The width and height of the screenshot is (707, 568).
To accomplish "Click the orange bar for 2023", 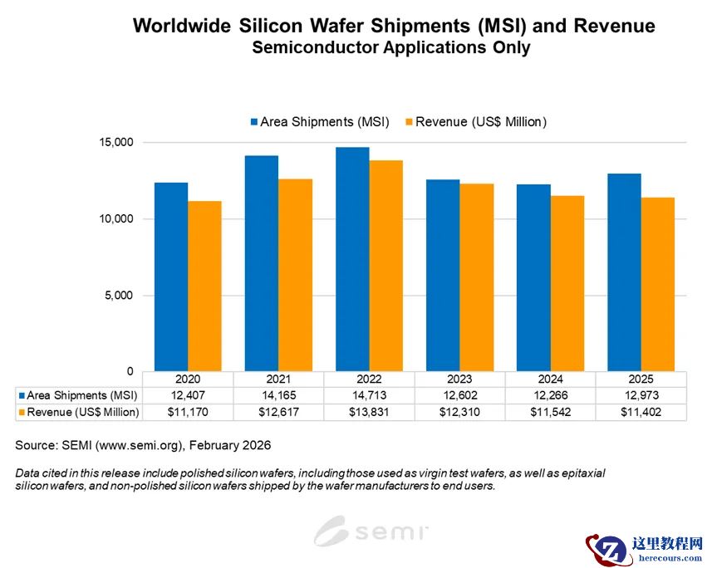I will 476,277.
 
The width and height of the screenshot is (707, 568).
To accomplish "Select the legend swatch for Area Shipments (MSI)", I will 253,122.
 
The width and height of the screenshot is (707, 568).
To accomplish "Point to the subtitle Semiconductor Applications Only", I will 390,47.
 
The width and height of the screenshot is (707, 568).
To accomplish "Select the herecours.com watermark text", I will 666,557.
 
